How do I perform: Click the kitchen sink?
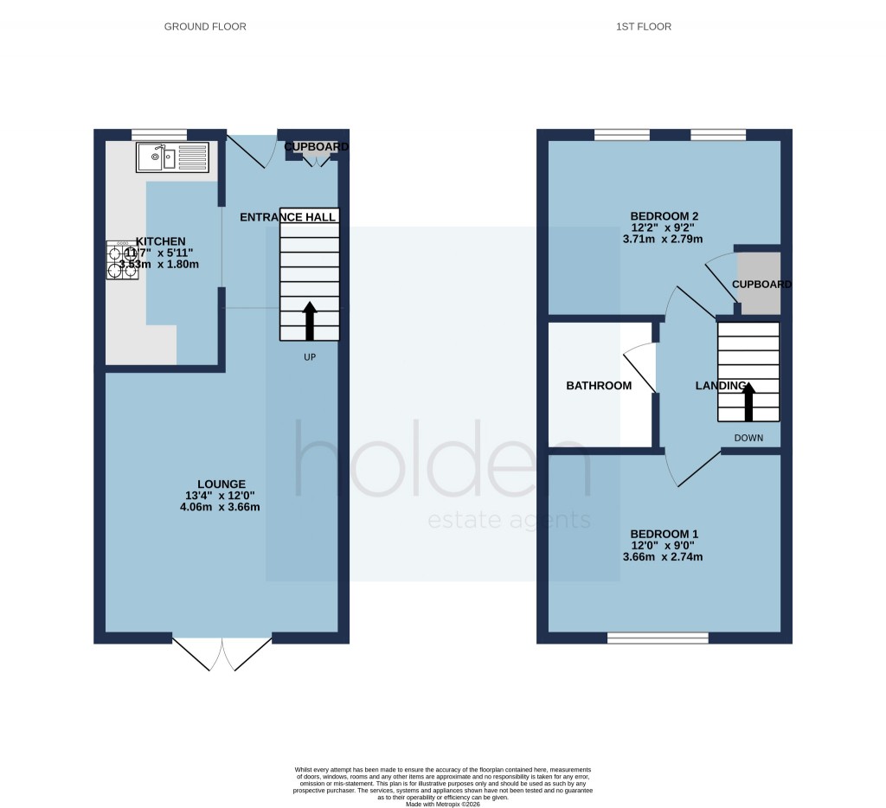(171, 157)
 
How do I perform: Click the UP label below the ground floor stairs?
(310, 356)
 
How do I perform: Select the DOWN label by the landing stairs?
(748, 438)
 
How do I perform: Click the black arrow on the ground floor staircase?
(310, 319)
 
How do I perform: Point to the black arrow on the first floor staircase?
(748, 401)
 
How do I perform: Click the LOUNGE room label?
(221, 484)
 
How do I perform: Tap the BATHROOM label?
(599, 386)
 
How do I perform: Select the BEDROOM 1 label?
(663, 534)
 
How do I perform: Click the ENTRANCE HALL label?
(288, 217)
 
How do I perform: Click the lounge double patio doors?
(222, 654)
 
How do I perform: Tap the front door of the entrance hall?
(251, 148)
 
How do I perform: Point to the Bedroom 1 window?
(658, 638)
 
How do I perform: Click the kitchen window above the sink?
(159, 134)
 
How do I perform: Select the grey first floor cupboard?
(759, 283)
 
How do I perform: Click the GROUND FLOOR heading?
(205, 27)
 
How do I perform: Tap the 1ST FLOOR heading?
(643, 27)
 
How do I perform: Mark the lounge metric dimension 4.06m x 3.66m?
(221, 507)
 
